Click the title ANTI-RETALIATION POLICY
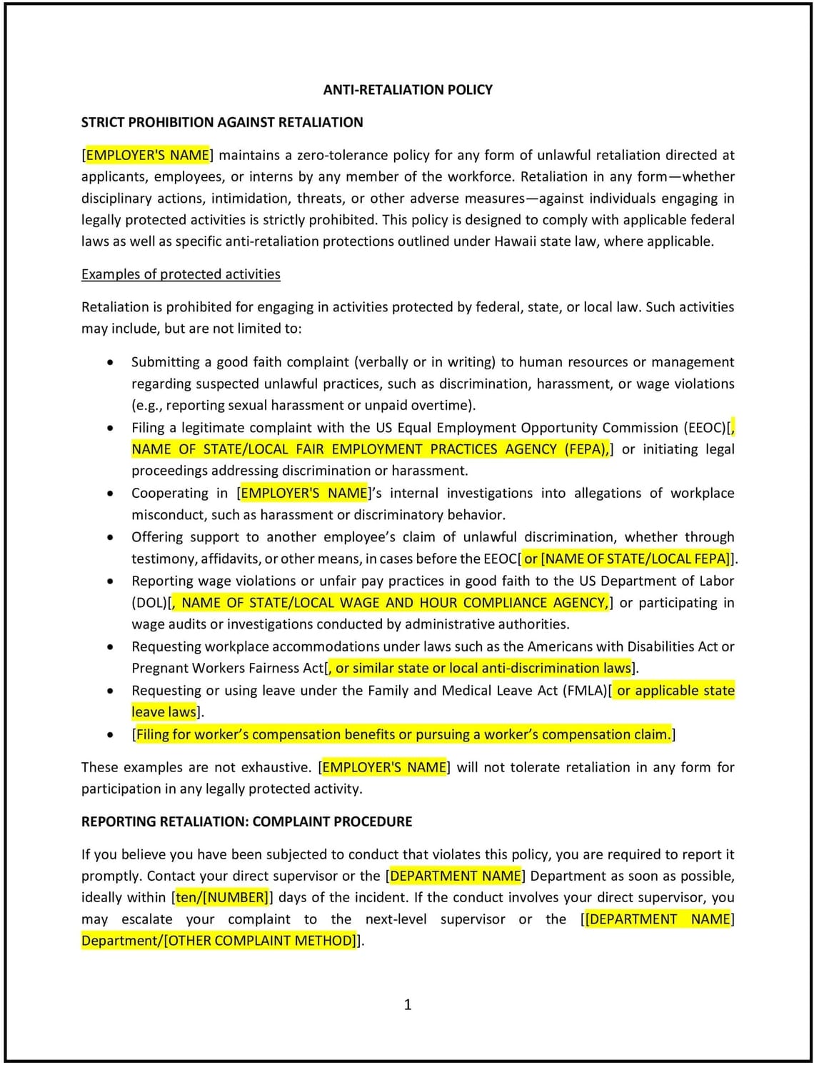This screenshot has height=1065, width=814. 408,90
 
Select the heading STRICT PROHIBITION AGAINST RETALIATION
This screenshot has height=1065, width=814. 222,122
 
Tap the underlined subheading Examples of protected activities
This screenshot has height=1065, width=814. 181,274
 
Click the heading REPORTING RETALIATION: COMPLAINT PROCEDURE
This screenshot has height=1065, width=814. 246,821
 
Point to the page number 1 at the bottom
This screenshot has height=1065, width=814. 408,1005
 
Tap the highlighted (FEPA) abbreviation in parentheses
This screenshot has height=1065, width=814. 586,449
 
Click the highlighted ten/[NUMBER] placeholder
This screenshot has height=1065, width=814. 221,898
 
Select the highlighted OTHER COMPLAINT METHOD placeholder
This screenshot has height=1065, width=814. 259,941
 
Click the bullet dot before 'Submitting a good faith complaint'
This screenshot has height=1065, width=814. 109,363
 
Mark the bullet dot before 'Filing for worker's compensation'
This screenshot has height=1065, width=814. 109,735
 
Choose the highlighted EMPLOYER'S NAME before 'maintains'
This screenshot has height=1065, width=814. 147,155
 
